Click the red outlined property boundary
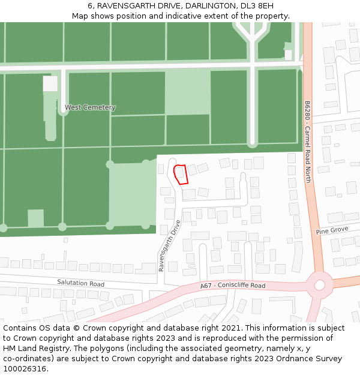tap(181, 175)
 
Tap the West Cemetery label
tap(90, 107)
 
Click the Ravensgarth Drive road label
tap(170, 246)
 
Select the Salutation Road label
tap(80, 283)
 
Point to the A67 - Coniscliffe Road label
tap(233, 286)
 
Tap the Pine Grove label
tap(332, 230)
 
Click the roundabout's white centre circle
tap(320, 285)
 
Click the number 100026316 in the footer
tap(25, 369)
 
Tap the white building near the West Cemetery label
tap(50, 83)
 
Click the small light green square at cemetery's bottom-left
tap(36, 218)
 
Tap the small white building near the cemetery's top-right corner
tap(288, 55)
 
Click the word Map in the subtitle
tap(80, 16)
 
